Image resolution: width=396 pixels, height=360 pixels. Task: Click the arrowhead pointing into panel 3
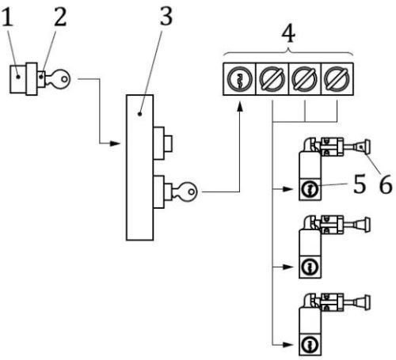point(120,144)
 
